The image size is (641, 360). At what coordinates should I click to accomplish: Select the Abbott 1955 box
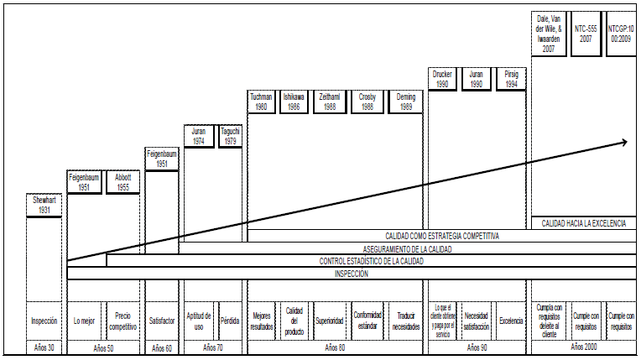click(x=122, y=183)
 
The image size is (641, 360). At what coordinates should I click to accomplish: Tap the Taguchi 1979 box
click(x=230, y=136)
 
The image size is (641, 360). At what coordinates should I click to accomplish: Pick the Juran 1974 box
click(x=200, y=136)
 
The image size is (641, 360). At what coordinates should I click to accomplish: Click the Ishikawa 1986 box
click(x=294, y=102)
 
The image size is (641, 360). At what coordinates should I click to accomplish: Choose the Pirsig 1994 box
click(x=511, y=79)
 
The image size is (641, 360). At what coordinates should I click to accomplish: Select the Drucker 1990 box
click(x=442, y=79)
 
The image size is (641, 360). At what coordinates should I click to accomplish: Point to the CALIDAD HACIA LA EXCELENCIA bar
click(x=584, y=223)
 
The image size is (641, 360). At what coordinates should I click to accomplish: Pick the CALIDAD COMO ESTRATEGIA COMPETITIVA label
click(x=442, y=236)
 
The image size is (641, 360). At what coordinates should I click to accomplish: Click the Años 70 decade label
click(x=213, y=347)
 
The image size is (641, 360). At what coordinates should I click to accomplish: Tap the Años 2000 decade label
click(x=584, y=347)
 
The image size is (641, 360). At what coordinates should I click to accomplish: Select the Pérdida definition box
click(x=229, y=321)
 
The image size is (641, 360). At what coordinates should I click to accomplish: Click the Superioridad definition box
click(x=330, y=321)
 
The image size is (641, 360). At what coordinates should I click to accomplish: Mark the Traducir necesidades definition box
click(x=406, y=321)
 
